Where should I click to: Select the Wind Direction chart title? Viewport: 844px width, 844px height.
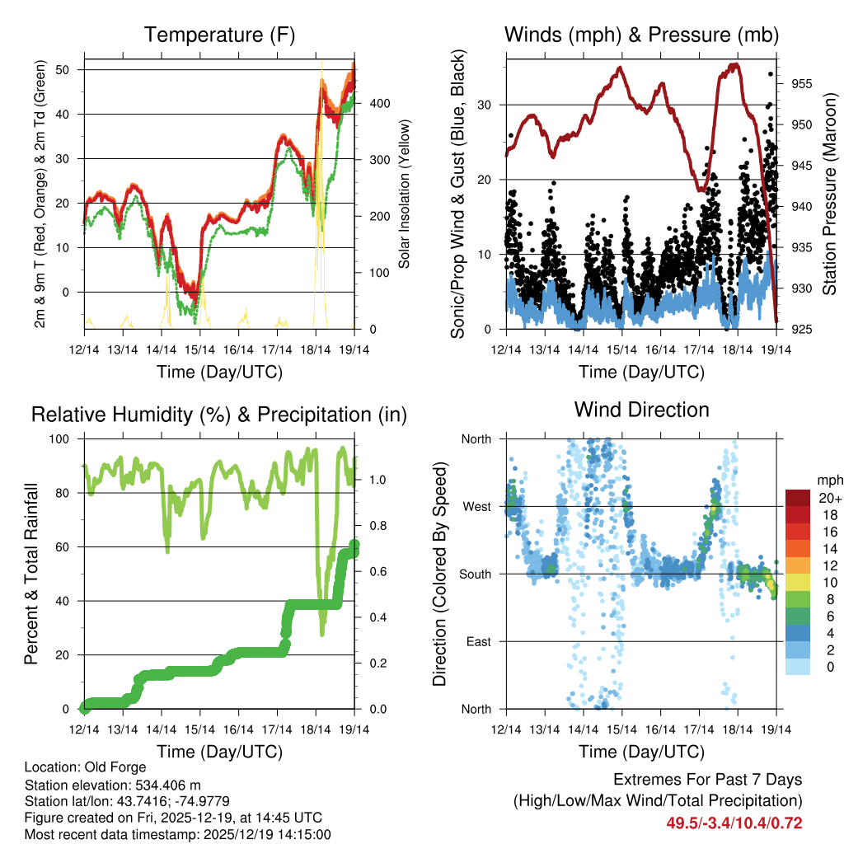(x=641, y=410)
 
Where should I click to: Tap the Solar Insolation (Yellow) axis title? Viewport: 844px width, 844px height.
(x=405, y=195)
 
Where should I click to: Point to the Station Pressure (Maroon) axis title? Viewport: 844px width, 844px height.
(x=830, y=194)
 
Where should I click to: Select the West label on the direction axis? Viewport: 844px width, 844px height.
(x=476, y=506)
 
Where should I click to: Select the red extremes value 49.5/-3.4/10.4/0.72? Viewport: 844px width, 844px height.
(x=734, y=823)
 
